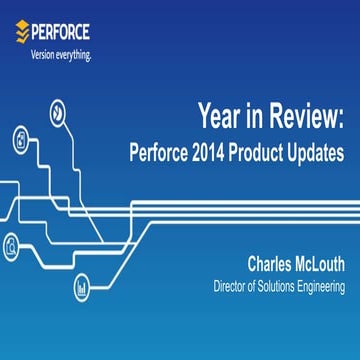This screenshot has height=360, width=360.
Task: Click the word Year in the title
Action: (220, 119)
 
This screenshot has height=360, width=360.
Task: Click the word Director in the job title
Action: (233, 287)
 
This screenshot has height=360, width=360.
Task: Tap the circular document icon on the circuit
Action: (19, 140)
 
